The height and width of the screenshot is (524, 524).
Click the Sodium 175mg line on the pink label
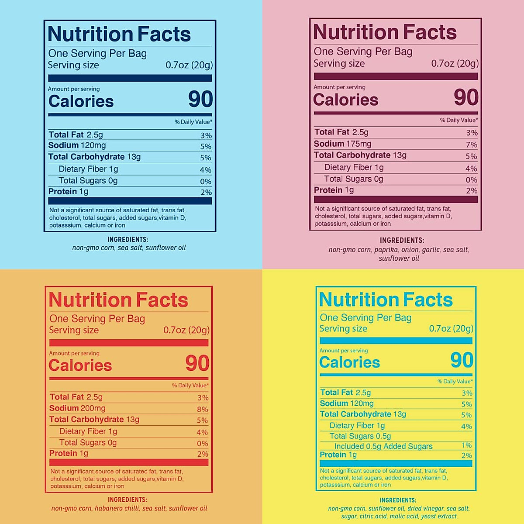(343, 144)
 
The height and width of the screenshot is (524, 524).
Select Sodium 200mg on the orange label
(77, 408)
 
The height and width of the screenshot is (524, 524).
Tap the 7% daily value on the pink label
(472, 145)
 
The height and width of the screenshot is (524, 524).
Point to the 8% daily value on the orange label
(202, 409)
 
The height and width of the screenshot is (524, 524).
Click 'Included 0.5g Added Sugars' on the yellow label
(383, 446)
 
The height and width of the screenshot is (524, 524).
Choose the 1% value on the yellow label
(466, 445)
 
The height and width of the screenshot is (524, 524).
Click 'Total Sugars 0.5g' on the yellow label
(360, 436)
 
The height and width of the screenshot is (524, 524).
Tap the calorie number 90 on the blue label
(200, 99)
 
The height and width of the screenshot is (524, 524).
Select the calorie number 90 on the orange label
(197, 363)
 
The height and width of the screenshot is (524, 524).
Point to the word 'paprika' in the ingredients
(386, 250)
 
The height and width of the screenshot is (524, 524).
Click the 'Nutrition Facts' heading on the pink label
(385, 32)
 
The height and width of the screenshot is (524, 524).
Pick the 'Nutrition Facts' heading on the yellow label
(386, 300)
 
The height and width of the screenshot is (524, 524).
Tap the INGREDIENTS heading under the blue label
(128, 239)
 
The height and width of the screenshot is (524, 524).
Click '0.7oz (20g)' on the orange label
(186, 330)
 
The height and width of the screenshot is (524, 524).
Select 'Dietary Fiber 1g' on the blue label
(89, 169)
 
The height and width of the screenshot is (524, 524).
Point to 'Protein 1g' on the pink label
(334, 190)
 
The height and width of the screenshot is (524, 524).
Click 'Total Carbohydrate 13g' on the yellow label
(363, 414)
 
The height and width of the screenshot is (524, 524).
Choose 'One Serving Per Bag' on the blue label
(97, 53)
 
